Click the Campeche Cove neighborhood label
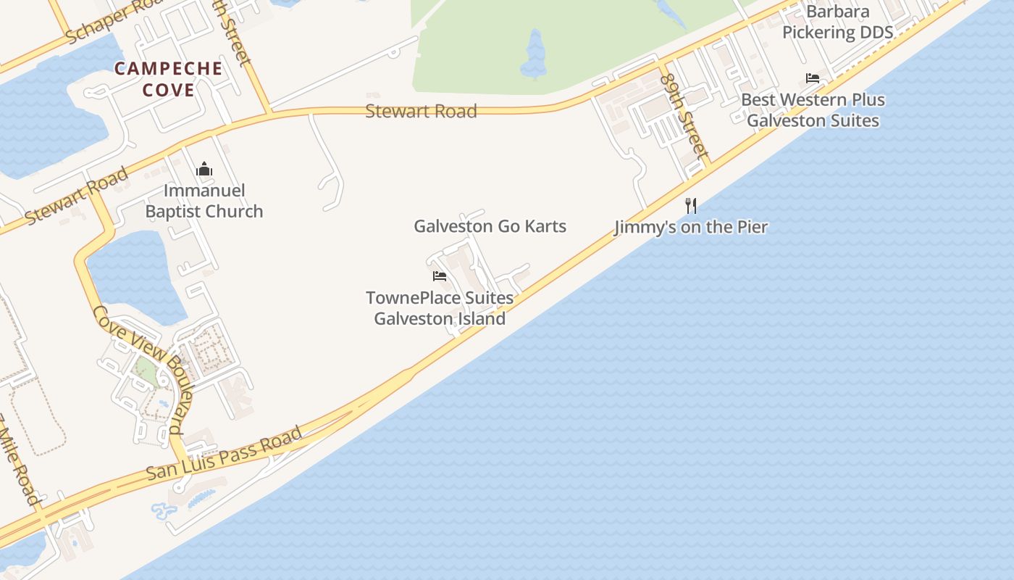tap(168, 79)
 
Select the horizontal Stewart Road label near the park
tap(421, 111)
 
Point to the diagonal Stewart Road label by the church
tap(77, 196)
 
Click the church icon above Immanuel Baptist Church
tap(204, 170)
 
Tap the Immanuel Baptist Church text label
tap(204, 201)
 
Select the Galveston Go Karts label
tap(490, 226)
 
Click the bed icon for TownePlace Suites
tap(439, 275)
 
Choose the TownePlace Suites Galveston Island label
tap(440, 308)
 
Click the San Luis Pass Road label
tap(224, 455)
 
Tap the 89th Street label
tap(684, 114)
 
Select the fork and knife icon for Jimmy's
tap(691, 206)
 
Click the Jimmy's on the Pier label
tap(691, 227)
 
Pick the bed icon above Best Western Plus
tap(813, 78)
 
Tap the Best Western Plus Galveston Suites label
tap(813, 110)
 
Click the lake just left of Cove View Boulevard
tap(138, 275)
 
